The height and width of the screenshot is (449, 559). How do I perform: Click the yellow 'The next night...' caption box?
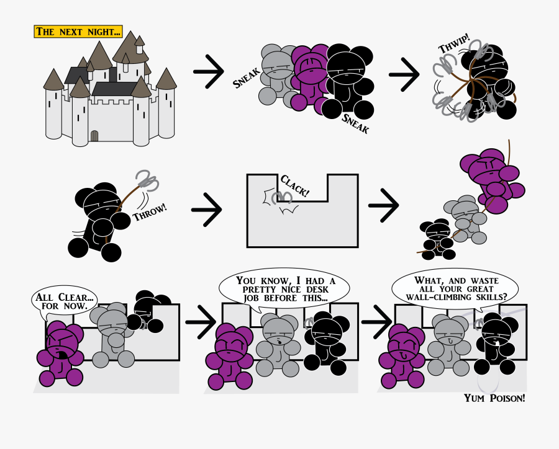click(x=78, y=31)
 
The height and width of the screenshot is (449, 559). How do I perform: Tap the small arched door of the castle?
click(x=94, y=135)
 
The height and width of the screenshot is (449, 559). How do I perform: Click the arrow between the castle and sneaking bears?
click(x=209, y=75)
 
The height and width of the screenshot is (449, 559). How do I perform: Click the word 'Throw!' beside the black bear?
click(x=150, y=212)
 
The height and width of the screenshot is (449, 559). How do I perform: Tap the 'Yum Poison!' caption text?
click(x=494, y=398)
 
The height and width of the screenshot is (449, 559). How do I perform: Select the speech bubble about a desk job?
click(x=284, y=289)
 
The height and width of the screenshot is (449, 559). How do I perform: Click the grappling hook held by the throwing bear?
click(x=147, y=180)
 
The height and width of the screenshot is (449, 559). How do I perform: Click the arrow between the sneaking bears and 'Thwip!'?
click(x=404, y=75)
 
